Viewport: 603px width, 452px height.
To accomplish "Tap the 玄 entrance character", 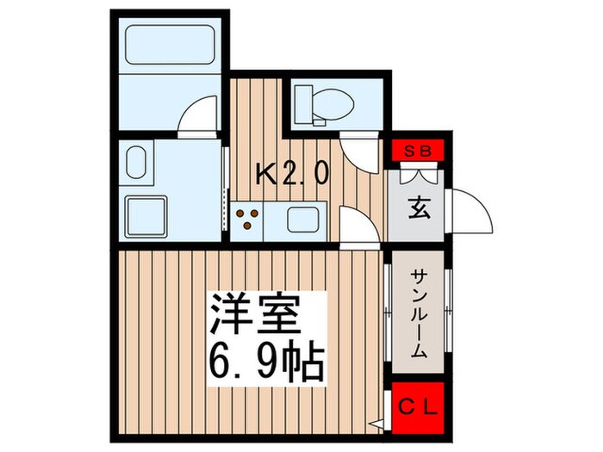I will (x=418, y=209).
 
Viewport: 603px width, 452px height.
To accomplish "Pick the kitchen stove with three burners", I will (x=246, y=218).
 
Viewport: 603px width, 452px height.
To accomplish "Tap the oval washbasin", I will (x=135, y=161).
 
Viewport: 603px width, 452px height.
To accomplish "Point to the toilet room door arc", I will (x=357, y=152).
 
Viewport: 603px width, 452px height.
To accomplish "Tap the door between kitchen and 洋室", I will (x=358, y=227).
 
